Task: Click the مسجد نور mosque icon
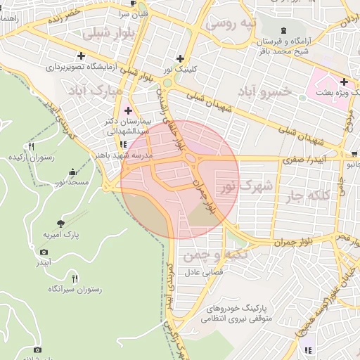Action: tap(73, 172)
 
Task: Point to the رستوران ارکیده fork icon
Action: tap(31, 146)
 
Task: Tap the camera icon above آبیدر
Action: tap(44, 252)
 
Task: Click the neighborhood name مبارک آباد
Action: tap(95, 91)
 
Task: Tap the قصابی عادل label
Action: tap(203, 271)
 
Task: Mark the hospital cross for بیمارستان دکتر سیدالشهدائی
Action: tap(128, 110)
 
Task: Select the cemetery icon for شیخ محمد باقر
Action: tap(283, 30)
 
